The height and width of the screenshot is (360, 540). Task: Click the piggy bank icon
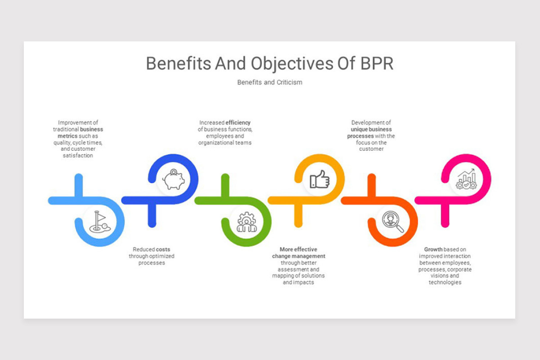pos(173,179)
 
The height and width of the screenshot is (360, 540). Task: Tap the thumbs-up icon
pos(319,180)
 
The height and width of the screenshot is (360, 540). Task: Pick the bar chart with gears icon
pos(466,179)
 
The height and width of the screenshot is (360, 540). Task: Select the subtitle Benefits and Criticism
pos(270,82)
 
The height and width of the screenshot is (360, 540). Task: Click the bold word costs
pos(163,249)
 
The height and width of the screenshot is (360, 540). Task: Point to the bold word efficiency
pos(238,122)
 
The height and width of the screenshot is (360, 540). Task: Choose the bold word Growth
pos(433,249)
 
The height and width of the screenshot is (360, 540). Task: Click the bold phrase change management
pos(298,256)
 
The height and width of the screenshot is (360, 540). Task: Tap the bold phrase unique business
pos(371,129)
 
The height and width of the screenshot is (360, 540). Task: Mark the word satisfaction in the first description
pos(78,156)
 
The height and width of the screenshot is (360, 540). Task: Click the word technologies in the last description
pos(445,283)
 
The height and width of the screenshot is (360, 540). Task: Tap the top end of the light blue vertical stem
pos(79,176)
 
